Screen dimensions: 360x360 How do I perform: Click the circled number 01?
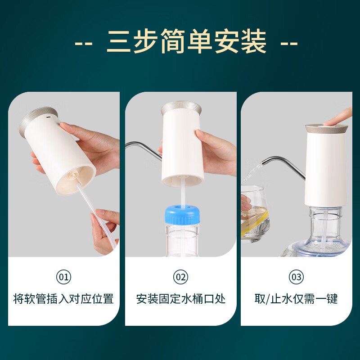(63, 277)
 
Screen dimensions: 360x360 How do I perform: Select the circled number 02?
(180, 277)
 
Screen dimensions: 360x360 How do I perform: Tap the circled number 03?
(296, 277)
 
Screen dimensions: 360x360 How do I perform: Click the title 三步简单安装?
(186, 41)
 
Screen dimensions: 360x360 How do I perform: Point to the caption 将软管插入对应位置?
(63, 299)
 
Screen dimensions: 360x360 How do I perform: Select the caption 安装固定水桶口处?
(181, 299)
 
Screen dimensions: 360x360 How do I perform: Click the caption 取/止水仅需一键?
(296, 299)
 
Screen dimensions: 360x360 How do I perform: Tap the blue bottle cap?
(182, 215)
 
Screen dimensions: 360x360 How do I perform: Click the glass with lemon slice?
(255, 213)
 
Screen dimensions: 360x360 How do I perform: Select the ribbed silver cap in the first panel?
(38, 121)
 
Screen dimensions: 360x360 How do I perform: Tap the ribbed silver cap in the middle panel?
(181, 108)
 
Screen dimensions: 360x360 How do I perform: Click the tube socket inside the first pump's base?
(73, 177)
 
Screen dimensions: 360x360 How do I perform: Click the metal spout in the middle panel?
(144, 149)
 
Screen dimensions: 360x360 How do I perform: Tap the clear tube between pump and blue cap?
(183, 191)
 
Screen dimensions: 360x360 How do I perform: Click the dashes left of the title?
(84, 43)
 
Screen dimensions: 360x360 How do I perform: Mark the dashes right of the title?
(289, 43)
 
